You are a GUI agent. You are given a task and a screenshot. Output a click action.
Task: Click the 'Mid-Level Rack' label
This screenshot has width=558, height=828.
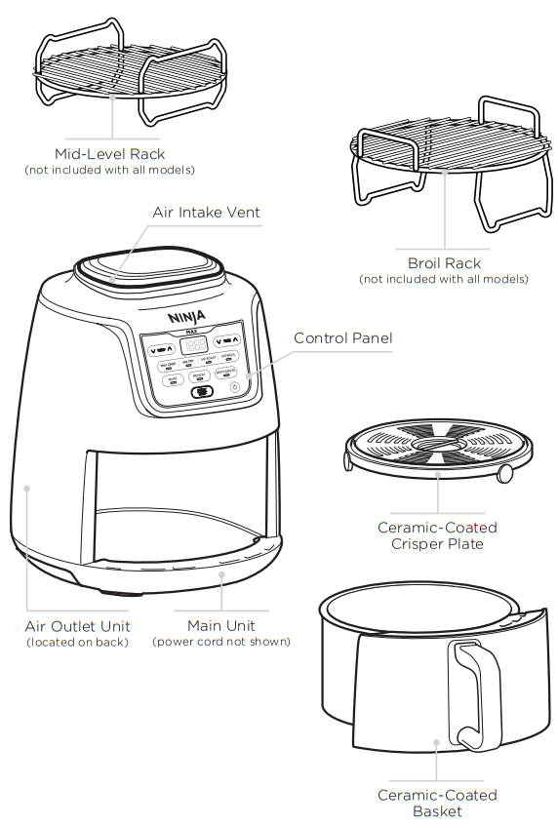click(x=110, y=154)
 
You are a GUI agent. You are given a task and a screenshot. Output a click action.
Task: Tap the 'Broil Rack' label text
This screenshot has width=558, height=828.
click(x=444, y=263)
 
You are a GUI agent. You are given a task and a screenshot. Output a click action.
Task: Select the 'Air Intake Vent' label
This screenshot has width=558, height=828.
click(x=207, y=213)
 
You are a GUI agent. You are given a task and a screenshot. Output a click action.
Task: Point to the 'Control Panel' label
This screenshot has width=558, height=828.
click(x=343, y=338)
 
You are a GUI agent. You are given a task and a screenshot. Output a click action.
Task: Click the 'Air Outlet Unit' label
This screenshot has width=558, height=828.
click(x=77, y=626)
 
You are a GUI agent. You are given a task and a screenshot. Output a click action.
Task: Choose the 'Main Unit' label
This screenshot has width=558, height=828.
click(x=221, y=626)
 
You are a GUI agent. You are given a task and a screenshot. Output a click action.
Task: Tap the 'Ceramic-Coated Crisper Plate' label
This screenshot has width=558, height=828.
click(x=437, y=535)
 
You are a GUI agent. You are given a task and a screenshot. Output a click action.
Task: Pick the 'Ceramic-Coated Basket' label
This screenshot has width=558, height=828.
click(x=437, y=803)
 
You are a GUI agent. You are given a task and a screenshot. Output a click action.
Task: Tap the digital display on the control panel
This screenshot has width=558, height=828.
click(x=195, y=345)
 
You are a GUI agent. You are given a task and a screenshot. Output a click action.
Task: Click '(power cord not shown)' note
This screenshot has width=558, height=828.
click(x=221, y=642)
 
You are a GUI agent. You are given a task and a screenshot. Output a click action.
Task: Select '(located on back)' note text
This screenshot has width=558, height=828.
click(x=77, y=642)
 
